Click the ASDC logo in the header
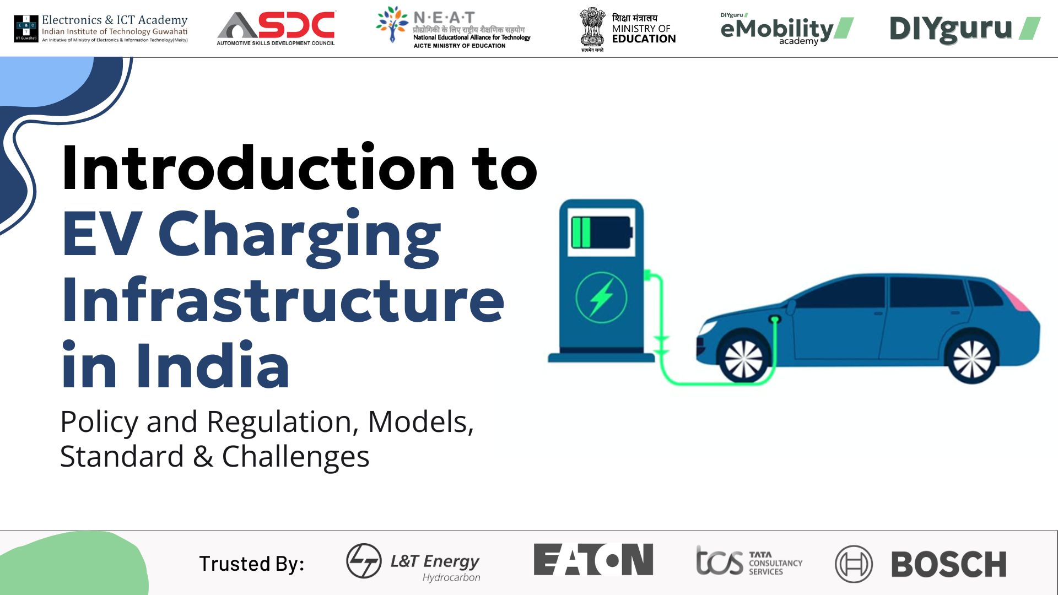tap(276, 28)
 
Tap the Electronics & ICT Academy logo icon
tap(26, 28)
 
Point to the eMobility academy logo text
tap(777, 29)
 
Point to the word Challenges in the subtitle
tap(295, 457)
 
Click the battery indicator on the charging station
tap(601, 232)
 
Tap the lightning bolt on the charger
tap(601, 297)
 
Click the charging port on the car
tap(775, 319)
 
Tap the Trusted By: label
tap(251, 564)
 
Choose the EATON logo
tap(593, 560)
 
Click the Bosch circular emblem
tap(854, 564)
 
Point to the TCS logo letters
tap(719, 562)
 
